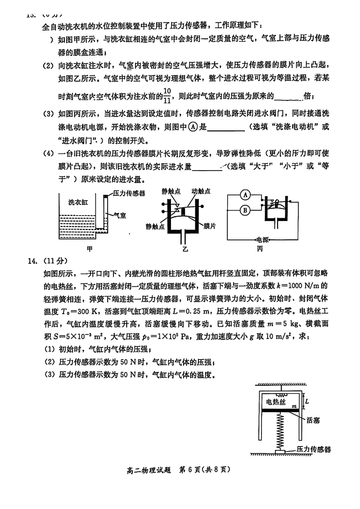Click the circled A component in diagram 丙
(245, 195)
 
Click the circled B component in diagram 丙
(245, 209)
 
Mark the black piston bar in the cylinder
(280, 411)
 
